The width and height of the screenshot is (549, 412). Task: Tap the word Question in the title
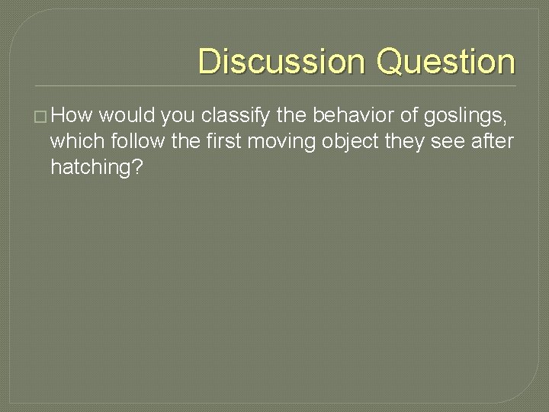point(446,61)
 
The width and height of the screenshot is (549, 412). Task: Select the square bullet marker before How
point(40,117)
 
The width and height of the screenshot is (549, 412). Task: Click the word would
point(127,116)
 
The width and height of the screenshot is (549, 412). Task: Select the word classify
point(233,116)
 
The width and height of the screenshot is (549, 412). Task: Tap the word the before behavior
point(291,116)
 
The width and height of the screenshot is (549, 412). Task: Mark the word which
point(73,142)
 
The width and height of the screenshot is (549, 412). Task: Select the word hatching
point(96,168)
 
